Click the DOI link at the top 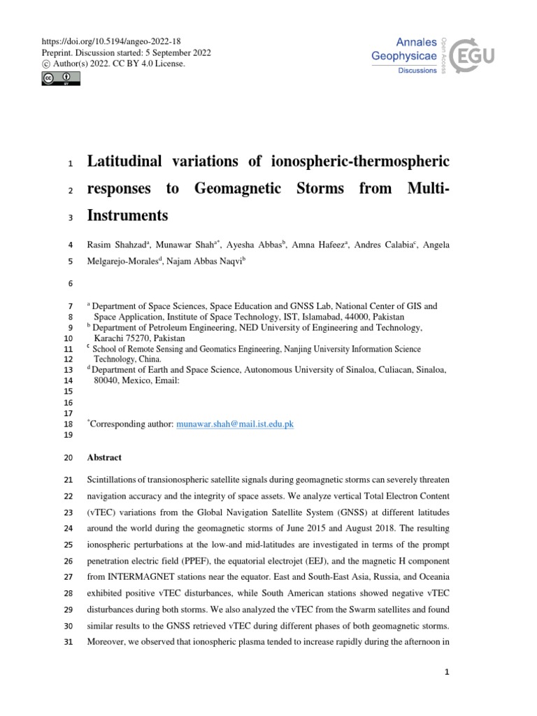[x=111, y=41]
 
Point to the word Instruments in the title [x=127, y=215]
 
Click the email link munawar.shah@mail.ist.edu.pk [x=235, y=424]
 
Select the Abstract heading [x=103, y=457]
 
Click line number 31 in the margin [x=68, y=643]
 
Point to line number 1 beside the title [x=70, y=164]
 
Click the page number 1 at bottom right [x=447, y=673]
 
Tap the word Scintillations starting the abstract [x=113, y=480]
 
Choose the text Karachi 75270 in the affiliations [x=119, y=337]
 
